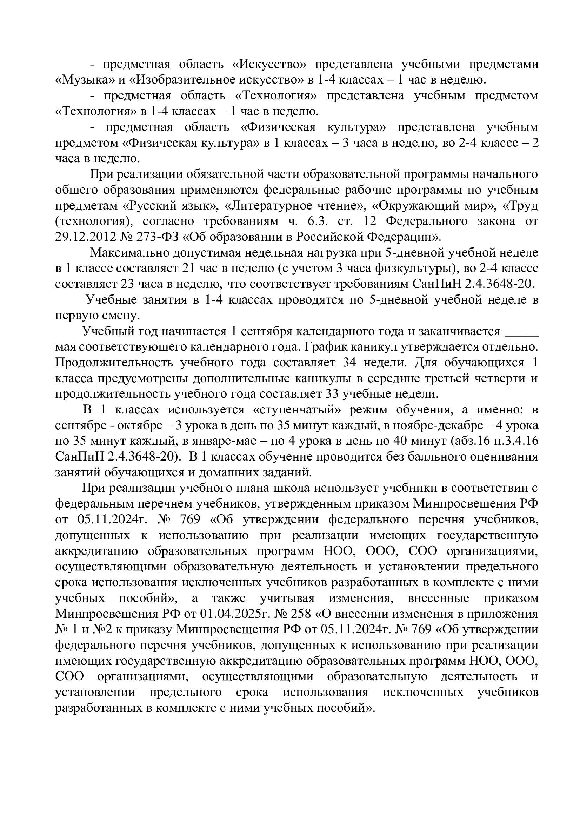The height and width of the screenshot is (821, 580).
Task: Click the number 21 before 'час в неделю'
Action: [189, 269]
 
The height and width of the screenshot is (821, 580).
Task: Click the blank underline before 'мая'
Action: [521, 331]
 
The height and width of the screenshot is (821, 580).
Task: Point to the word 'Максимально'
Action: [129, 253]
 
